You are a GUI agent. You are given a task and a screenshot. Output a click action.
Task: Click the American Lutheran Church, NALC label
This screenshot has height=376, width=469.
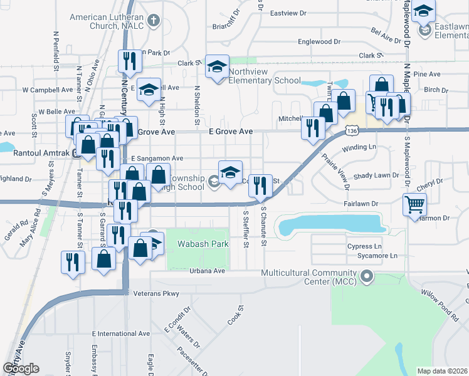(x=106, y=21)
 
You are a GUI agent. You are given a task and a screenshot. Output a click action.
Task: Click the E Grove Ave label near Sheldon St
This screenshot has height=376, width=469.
(x=231, y=132)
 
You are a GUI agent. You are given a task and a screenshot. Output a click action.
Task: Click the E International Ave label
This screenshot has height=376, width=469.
(x=120, y=334)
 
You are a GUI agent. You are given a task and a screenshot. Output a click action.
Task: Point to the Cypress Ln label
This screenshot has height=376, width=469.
(x=364, y=246)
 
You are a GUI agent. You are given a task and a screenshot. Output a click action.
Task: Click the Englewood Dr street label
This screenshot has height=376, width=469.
(x=319, y=41)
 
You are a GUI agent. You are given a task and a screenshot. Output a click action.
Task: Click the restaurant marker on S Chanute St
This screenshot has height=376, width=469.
(x=261, y=185)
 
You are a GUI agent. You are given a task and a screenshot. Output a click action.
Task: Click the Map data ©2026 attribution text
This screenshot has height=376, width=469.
(x=441, y=371)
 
